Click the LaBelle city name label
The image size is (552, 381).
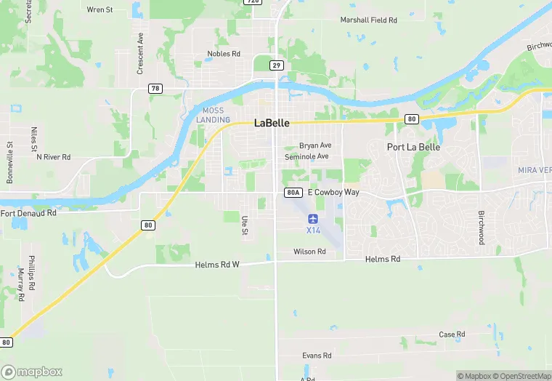coord(272,123)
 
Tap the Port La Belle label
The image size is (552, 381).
coord(413,147)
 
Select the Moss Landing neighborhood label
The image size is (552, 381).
coord(213,115)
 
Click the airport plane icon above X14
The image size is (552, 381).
coord(313,218)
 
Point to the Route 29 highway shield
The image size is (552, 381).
coord(276,65)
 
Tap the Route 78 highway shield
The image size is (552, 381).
coord(155,89)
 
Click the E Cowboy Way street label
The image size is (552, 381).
coord(333,193)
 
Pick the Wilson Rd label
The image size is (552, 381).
coord(309,252)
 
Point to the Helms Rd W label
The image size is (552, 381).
coord(217,265)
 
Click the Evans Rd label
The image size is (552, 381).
coord(317,356)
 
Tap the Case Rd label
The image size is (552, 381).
coord(452,334)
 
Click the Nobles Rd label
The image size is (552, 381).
coord(224,54)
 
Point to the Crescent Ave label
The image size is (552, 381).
coord(140,53)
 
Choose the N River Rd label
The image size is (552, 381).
coord(53,156)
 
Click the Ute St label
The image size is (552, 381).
coord(245,224)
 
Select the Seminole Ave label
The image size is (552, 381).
coord(307,156)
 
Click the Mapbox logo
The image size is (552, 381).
coord(33,372)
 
